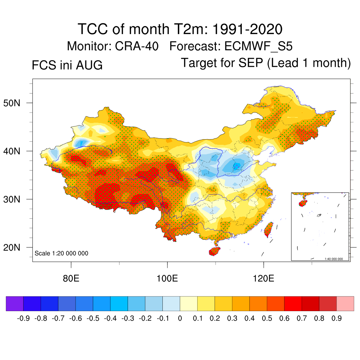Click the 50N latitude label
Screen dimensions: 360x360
12,103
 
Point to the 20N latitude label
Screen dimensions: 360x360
12,247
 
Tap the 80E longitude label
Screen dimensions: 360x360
71,278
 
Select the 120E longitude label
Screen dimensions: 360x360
264,278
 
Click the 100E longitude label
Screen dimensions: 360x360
167,278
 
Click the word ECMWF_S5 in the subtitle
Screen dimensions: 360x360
258,46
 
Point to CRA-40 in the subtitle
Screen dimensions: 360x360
137,46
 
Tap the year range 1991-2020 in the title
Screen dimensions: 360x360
247,29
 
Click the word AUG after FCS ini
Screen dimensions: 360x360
89,65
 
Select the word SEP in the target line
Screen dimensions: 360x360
251,63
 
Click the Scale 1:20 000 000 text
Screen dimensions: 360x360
61,253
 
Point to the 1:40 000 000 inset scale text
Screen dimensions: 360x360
334,259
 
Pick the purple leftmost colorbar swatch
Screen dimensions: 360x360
15,303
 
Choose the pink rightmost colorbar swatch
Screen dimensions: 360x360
345,303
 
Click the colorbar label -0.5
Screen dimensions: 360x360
93,318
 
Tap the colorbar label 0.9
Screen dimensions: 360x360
336,318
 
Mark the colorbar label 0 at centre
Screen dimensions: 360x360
180,318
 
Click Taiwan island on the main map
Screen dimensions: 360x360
269,229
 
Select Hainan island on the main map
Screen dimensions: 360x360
214,251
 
